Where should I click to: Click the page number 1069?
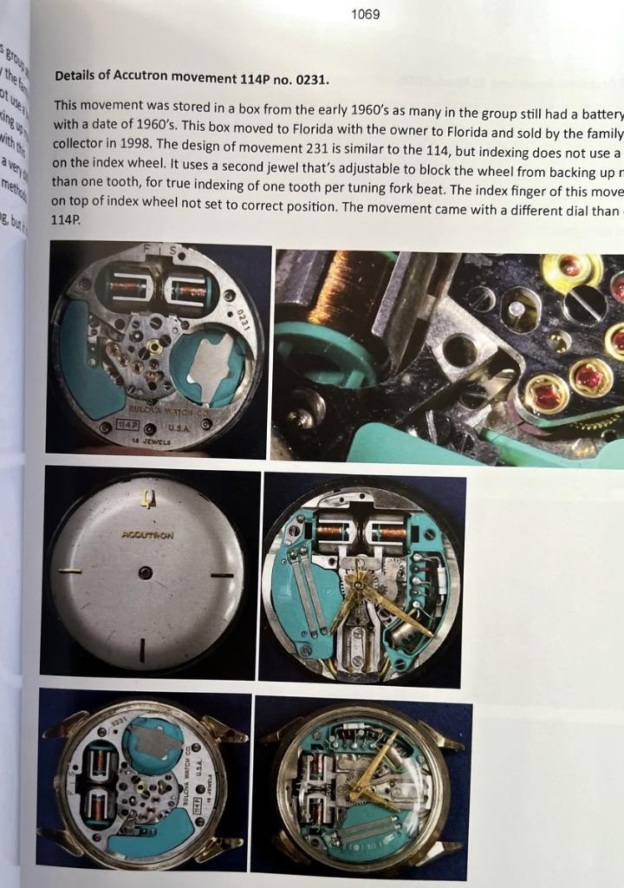pyautogui.click(x=365, y=15)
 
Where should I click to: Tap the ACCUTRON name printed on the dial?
pyautogui.click(x=147, y=535)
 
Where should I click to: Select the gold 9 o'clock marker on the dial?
pyautogui.click(x=69, y=570)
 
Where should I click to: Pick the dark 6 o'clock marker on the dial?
pyautogui.click(x=142, y=648)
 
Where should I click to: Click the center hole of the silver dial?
pyautogui.click(x=146, y=571)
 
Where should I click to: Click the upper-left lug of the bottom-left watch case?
pyautogui.click(x=65, y=723)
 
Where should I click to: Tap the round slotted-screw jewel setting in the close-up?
pyautogui.click(x=579, y=304)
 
